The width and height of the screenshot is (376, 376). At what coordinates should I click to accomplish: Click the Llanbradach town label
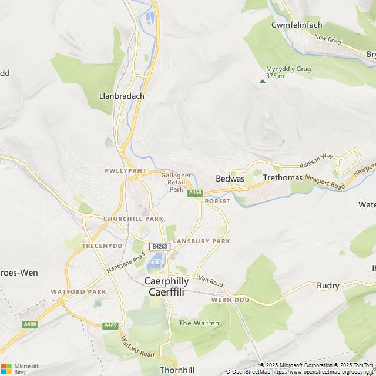pos(122,96)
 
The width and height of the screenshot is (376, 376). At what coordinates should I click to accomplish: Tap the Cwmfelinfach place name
pos(297,25)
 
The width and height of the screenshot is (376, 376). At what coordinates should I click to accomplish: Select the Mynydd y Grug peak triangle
pos(263,81)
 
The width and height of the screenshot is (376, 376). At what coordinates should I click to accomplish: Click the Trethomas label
pos(283,177)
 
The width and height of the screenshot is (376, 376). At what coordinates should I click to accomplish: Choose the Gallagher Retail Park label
pos(176,182)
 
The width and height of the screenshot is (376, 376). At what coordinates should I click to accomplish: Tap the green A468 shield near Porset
pos(194,193)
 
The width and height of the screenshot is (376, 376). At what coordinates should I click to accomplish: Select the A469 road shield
pos(110,325)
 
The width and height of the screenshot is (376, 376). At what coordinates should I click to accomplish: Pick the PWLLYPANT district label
pos(125,170)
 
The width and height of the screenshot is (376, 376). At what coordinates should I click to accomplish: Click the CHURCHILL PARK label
pos(133,219)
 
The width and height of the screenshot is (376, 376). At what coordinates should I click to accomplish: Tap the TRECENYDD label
pos(101,246)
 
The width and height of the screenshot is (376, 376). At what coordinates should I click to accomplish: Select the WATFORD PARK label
pos(78,291)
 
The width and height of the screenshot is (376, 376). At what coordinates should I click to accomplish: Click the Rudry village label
pos(328,286)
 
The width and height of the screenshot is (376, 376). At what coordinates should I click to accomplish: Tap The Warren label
pos(199,323)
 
